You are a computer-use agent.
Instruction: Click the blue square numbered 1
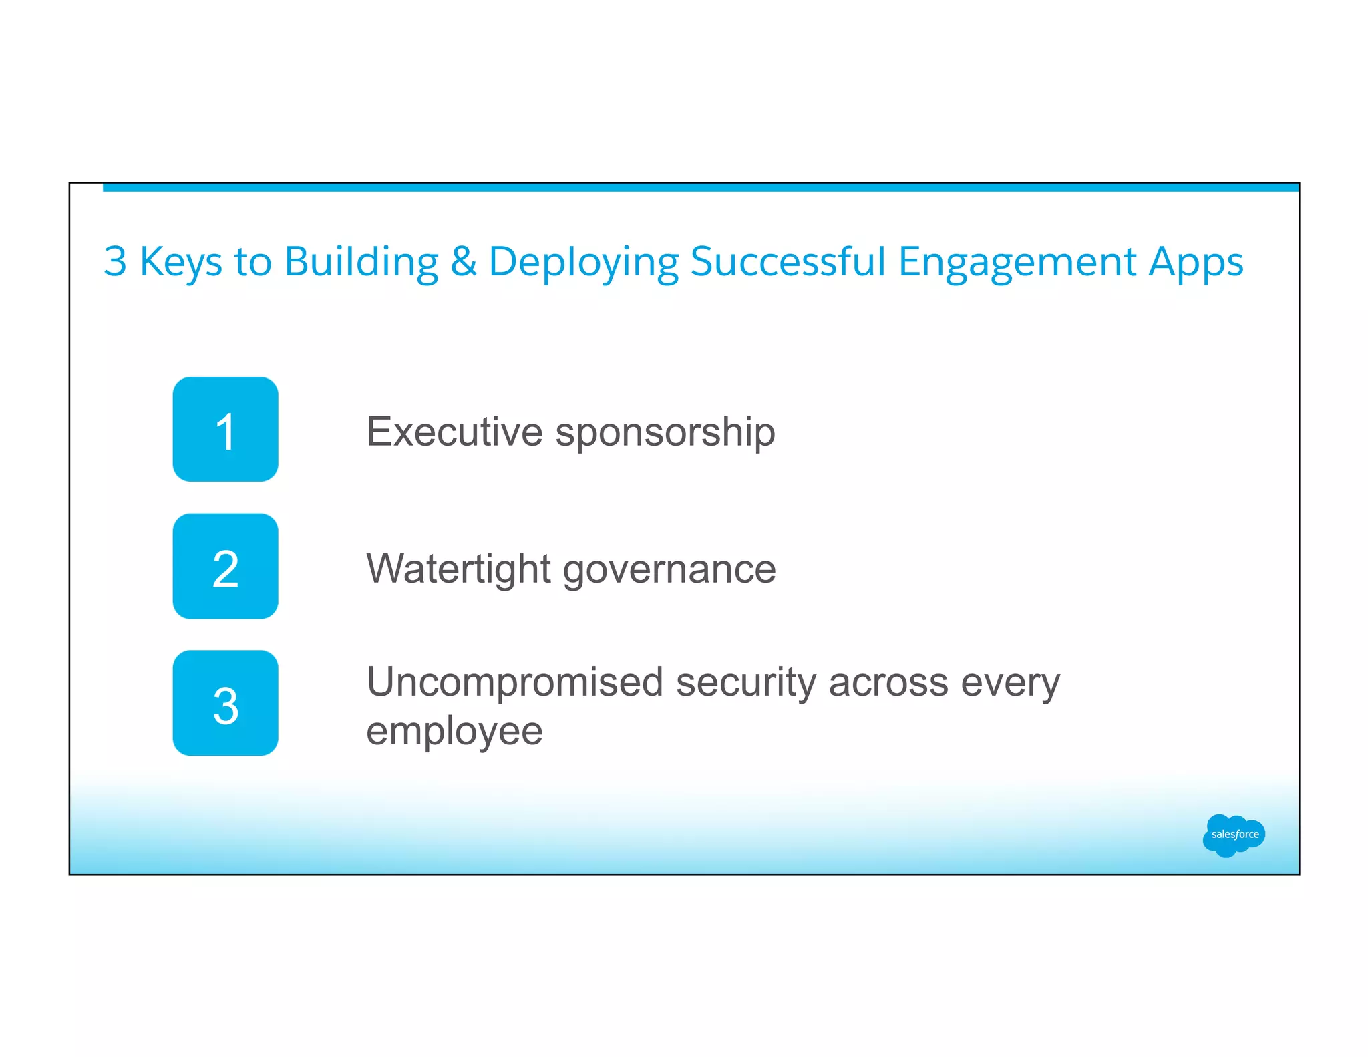click(225, 429)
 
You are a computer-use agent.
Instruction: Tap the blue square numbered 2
click(225, 566)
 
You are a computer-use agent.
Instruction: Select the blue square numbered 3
click(225, 703)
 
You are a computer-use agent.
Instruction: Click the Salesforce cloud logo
click(1233, 835)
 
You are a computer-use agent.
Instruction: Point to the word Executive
click(454, 432)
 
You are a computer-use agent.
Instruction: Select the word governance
click(669, 570)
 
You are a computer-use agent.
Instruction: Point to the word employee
click(454, 732)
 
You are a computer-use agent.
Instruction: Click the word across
click(888, 683)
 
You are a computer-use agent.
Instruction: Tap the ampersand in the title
click(464, 261)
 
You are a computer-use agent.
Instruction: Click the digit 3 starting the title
click(115, 261)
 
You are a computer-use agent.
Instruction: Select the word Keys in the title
click(180, 262)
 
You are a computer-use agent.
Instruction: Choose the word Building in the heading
click(361, 262)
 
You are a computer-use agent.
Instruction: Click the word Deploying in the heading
click(583, 262)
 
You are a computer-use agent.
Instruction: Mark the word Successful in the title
click(788, 261)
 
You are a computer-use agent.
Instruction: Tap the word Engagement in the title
click(1017, 262)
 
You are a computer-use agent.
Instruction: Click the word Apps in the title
click(1196, 262)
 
